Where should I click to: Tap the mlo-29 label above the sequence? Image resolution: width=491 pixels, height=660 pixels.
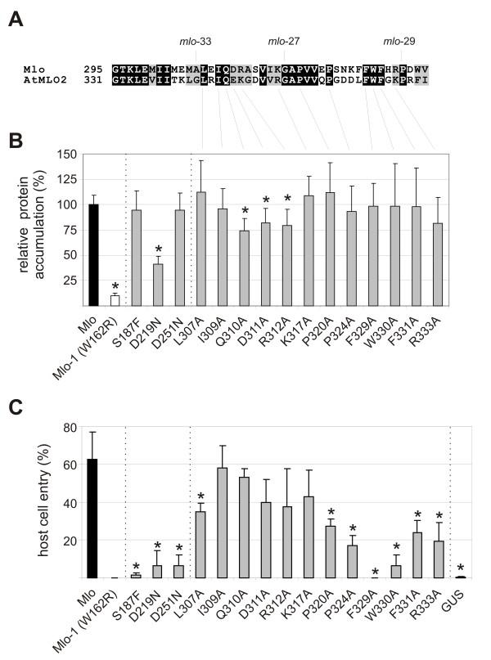[402, 40]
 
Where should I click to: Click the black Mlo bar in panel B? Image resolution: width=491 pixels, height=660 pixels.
[97, 254]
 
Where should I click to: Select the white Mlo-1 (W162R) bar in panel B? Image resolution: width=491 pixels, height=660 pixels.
[115, 300]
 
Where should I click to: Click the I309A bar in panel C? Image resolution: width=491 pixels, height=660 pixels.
[221, 523]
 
